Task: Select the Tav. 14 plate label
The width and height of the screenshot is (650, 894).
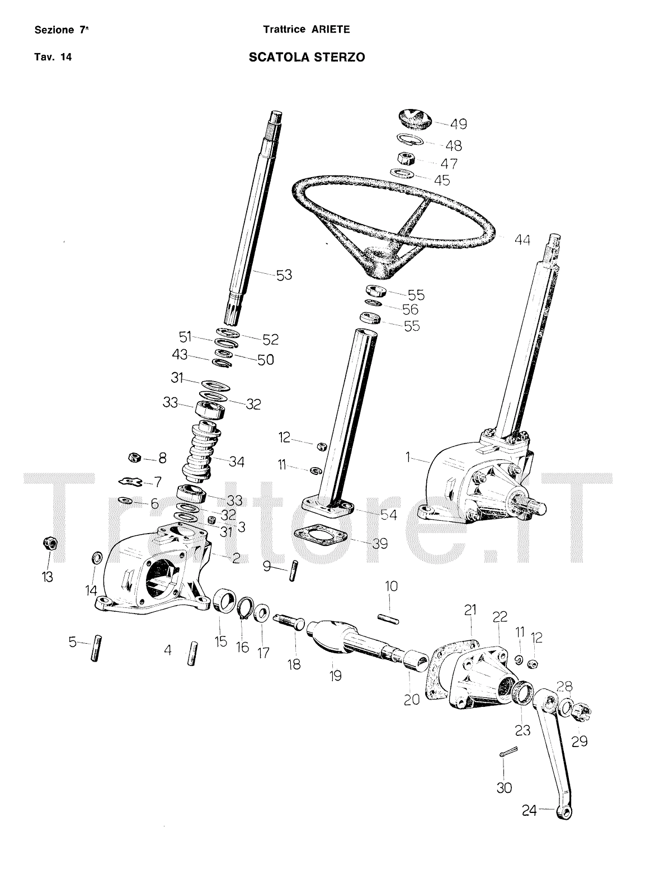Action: (x=53, y=57)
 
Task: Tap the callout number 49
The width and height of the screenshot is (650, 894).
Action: (x=458, y=124)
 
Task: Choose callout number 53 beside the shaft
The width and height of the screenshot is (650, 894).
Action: (x=284, y=274)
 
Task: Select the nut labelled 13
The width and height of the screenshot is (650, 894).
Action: (x=48, y=543)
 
